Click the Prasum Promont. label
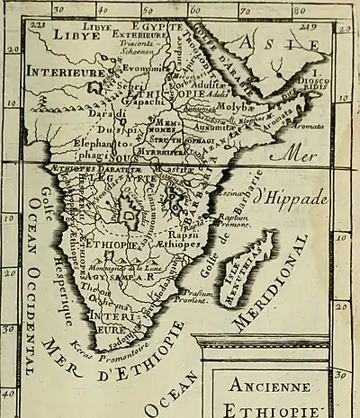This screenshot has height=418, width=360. (195, 297)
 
